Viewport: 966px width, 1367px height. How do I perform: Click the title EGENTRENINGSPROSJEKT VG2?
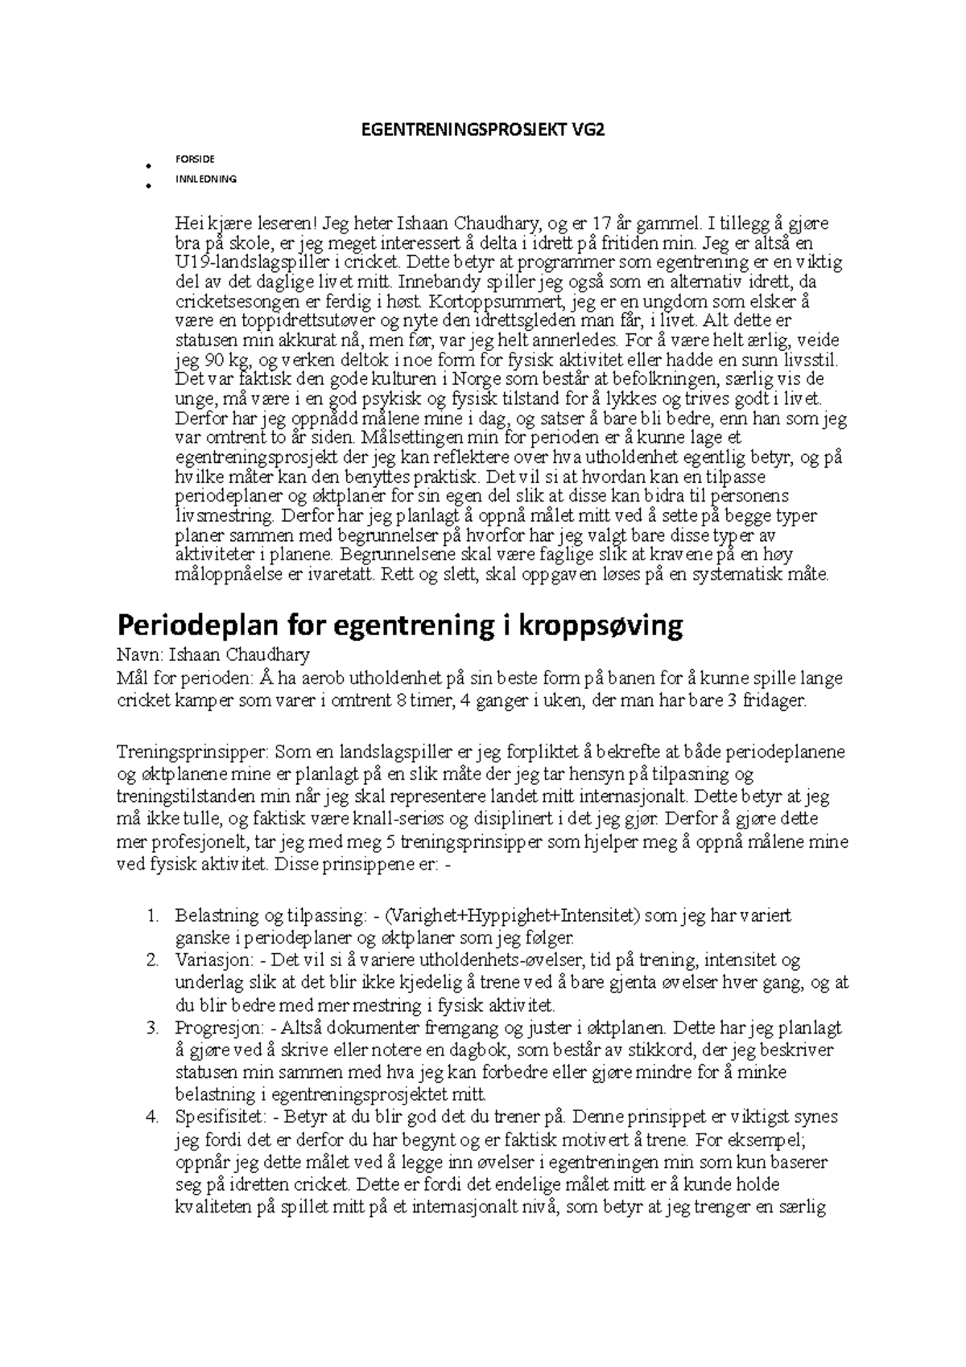(482, 132)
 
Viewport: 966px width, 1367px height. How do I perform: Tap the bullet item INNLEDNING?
(206, 180)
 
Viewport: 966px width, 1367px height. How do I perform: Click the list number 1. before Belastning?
(154, 915)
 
